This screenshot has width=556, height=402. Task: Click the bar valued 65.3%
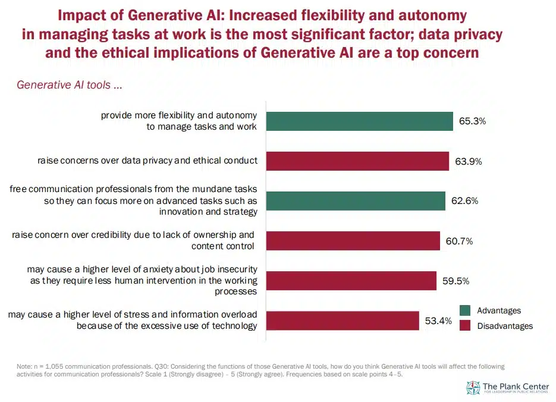click(x=359, y=121)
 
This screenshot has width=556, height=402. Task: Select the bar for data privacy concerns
click(x=357, y=161)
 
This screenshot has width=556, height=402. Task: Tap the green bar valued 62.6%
click(x=355, y=200)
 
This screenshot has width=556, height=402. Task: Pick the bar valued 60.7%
click(x=353, y=240)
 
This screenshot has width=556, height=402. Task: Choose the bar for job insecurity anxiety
click(x=351, y=280)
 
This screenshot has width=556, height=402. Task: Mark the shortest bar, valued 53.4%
click(x=342, y=321)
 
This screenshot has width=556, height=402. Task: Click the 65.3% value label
click(x=473, y=121)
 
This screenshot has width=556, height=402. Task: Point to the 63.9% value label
click(x=468, y=161)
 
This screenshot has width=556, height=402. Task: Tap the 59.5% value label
click(x=456, y=281)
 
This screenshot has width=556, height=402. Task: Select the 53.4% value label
click(x=438, y=321)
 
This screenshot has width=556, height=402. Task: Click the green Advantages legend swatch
click(x=466, y=310)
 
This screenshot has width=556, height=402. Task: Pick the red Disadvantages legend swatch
click(x=466, y=325)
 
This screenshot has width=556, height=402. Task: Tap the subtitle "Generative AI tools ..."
click(x=70, y=85)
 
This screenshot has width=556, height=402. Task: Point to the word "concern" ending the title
click(x=453, y=52)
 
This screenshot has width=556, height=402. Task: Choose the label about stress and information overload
click(x=133, y=320)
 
